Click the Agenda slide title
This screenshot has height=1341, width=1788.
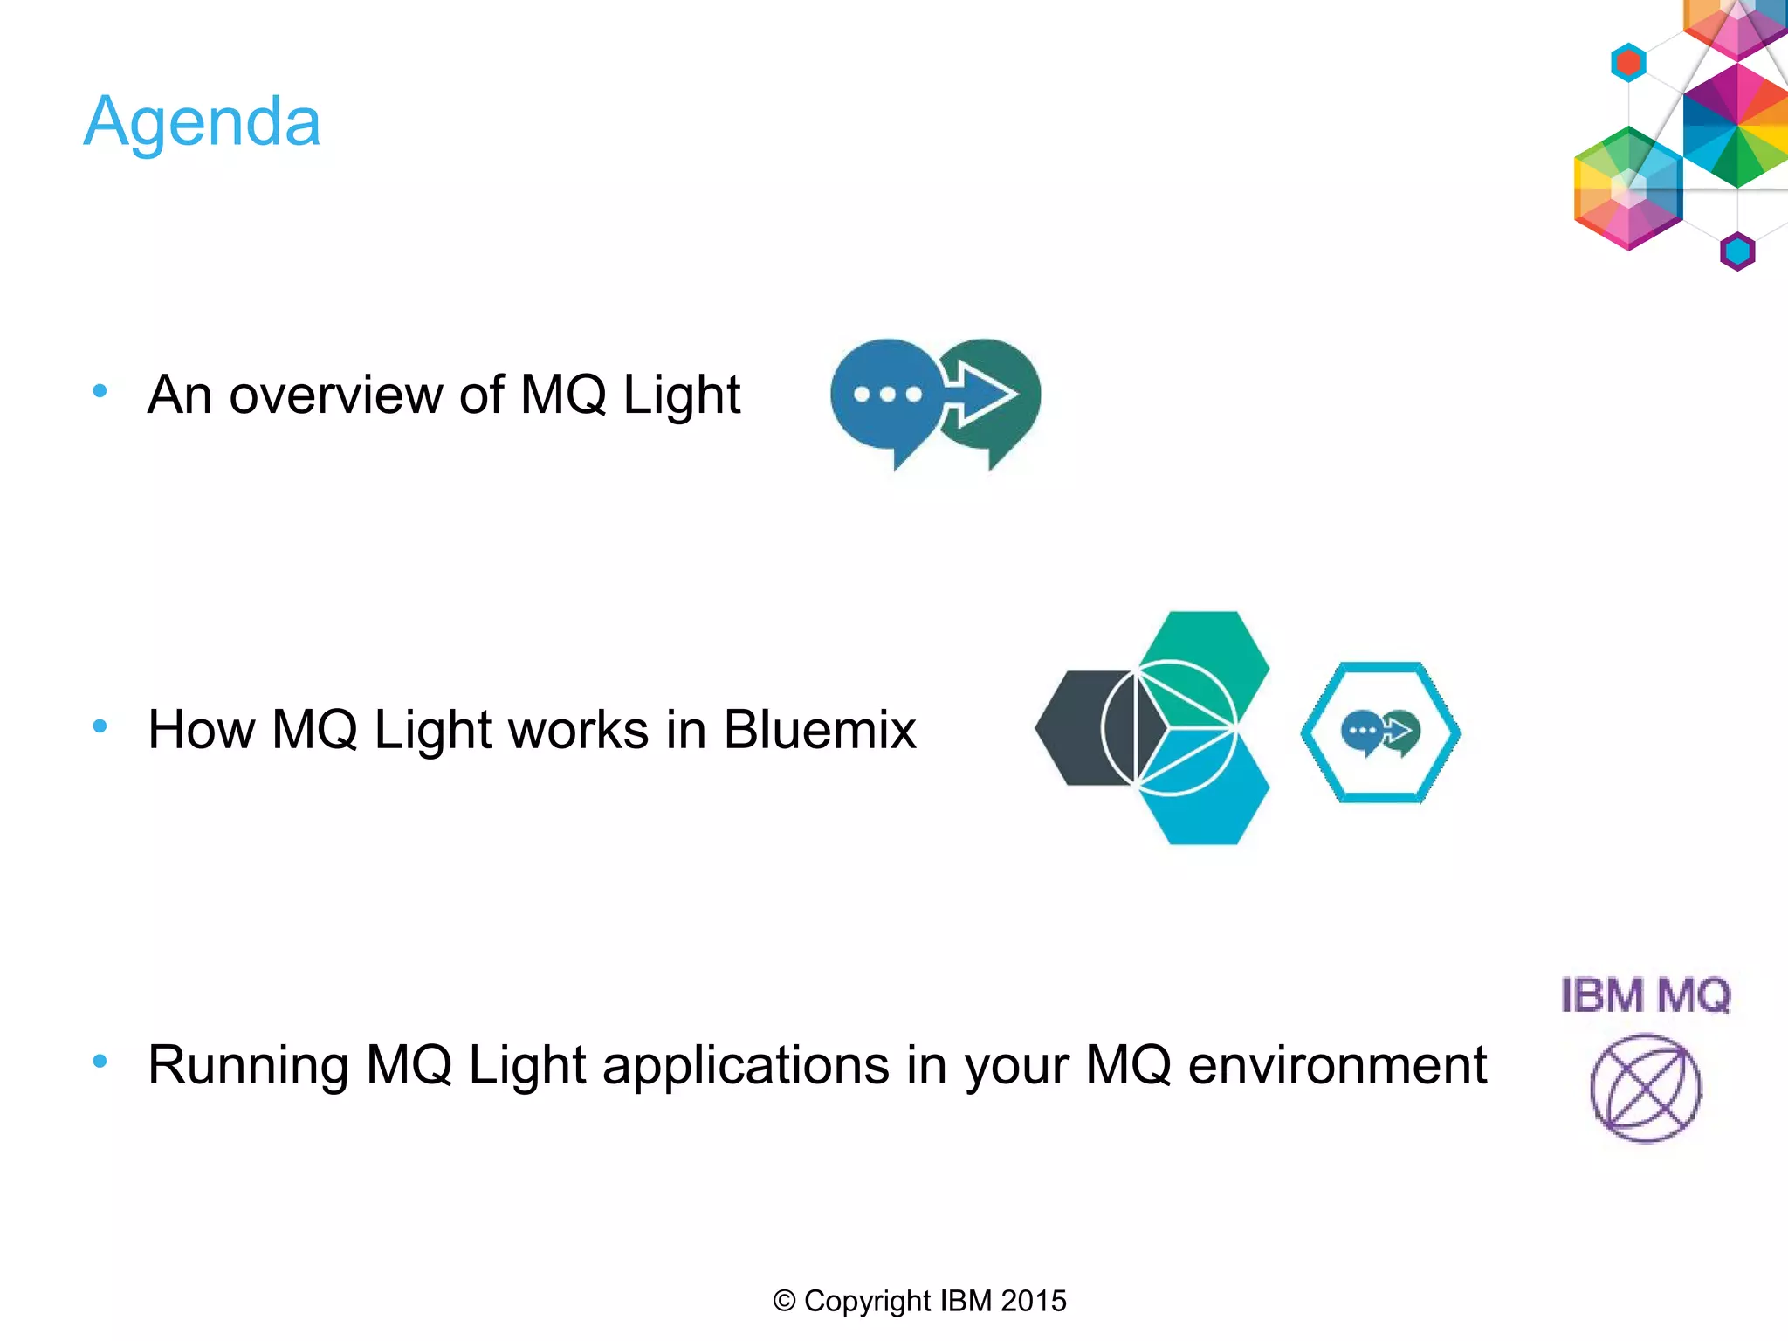[202, 122]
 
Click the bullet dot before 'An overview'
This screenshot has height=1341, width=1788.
[100, 391]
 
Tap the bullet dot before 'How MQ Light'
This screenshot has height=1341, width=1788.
[100, 726]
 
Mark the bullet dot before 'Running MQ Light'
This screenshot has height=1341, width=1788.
[100, 1061]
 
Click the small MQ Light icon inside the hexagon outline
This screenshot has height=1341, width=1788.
[1380, 732]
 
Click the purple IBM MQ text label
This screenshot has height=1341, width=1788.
[1645, 995]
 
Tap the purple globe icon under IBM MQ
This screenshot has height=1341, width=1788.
[1645, 1088]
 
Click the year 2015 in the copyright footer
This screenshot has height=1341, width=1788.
[1033, 1301]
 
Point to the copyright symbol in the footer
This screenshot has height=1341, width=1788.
[783, 1301]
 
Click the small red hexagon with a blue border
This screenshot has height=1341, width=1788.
[1628, 63]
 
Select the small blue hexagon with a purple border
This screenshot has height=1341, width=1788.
[1736, 251]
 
